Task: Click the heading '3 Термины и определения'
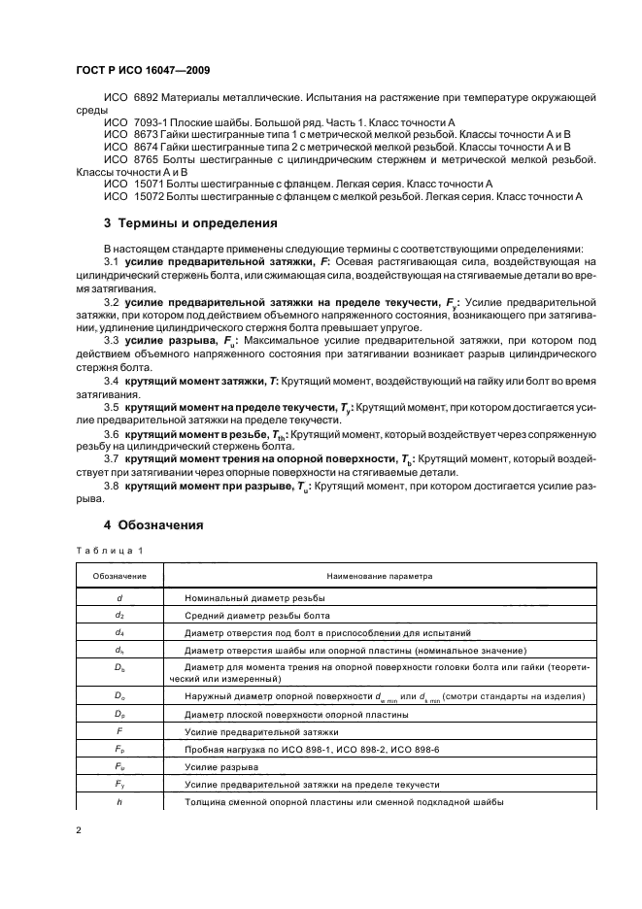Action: coord(190,222)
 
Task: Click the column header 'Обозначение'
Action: coord(119,576)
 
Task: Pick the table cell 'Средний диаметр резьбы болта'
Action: coord(255,615)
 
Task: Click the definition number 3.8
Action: coord(111,486)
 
